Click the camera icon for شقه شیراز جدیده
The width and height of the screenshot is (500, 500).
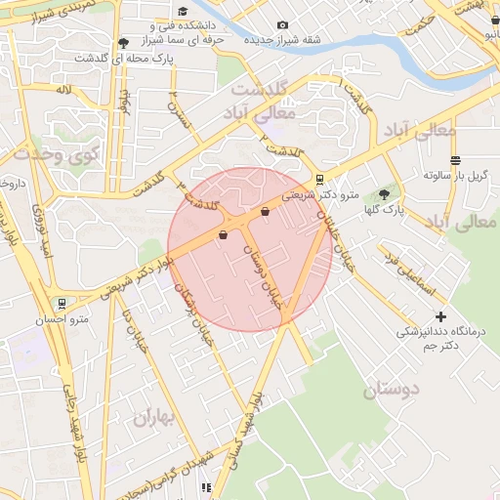coord(282,25)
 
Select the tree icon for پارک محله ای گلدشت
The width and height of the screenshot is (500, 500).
coord(122,43)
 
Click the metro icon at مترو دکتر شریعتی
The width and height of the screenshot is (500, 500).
coord(319,179)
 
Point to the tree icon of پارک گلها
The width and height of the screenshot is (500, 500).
coord(383,193)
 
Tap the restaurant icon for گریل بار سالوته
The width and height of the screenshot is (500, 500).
coord(455,160)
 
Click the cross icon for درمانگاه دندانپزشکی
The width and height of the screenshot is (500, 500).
coord(441,316)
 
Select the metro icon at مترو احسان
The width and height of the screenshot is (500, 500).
coord(62,304)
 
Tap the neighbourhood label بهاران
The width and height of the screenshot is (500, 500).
coord(151,419)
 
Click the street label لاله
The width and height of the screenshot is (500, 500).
coord(64,90)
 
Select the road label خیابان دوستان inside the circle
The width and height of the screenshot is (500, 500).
coord(262,277)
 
